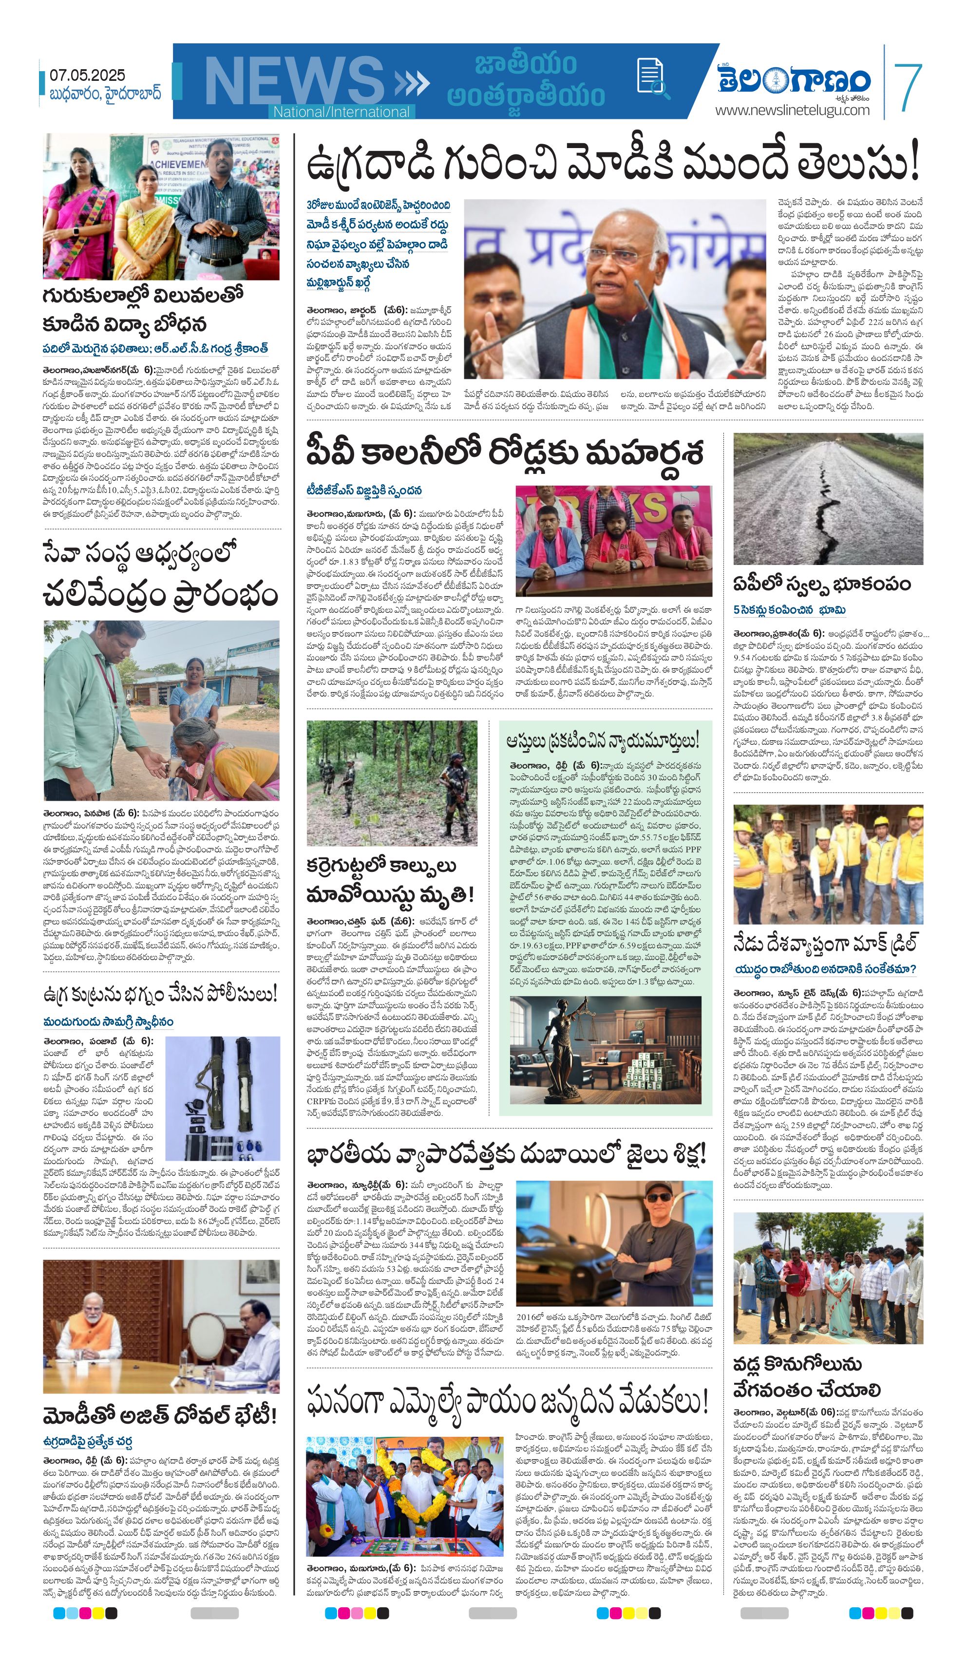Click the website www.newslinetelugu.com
click(792, 110)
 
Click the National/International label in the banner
click(341, 112)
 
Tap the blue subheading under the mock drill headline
click(825, 969)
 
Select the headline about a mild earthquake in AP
click(822, 584)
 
